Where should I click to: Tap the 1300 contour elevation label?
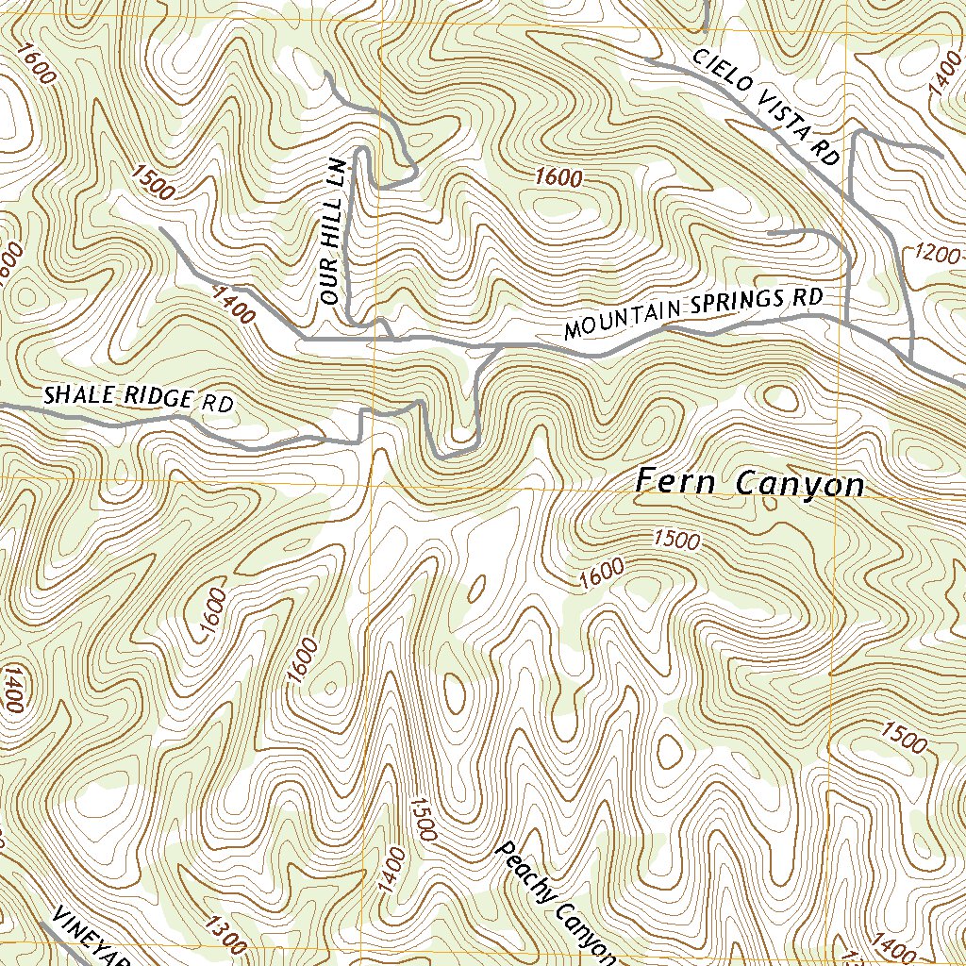point(225,937)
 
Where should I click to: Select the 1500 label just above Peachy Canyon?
point(422,819)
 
